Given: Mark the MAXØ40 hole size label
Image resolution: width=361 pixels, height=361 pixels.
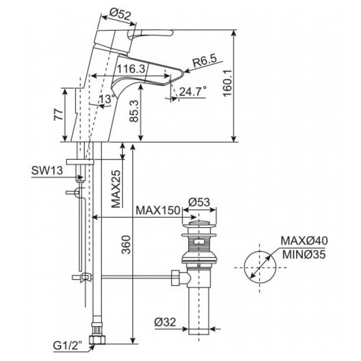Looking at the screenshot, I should tap(304, 241).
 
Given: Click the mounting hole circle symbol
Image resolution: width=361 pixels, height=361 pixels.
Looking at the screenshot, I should tap(259, 266).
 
